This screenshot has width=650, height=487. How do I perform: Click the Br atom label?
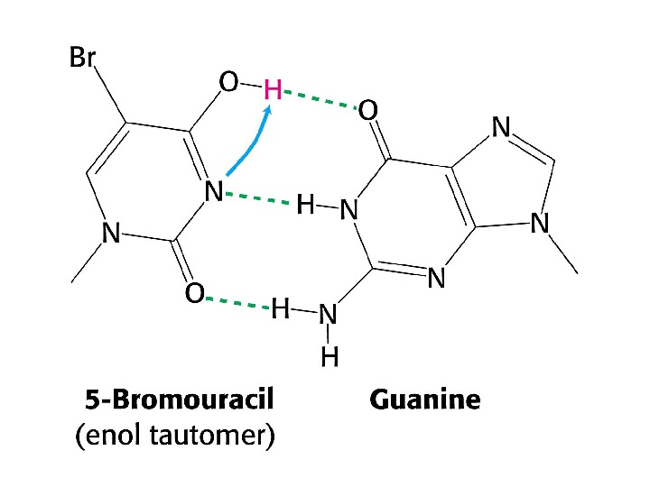[x=83, y=59]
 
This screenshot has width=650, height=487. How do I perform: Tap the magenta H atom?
[x=273, y=89]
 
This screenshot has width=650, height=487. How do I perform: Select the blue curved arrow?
[x=248, y=144]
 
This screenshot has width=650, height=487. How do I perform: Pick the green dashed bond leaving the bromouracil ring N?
[x=259, y=199]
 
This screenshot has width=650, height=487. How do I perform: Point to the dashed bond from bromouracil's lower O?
[x=237, y=303]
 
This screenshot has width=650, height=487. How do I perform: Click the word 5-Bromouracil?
[x=179, y=399]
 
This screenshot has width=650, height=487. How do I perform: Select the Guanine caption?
[x=425, y=399]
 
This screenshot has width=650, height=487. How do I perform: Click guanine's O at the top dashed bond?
[x=368, y=112]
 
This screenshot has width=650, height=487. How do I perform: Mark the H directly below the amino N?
[x=330, y=358]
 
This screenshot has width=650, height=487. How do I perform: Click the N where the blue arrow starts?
[x=214, y=191]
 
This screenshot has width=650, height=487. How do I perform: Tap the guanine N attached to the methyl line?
[x=540, y=222]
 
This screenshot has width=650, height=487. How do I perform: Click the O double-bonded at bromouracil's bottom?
[x=192, y=294]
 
